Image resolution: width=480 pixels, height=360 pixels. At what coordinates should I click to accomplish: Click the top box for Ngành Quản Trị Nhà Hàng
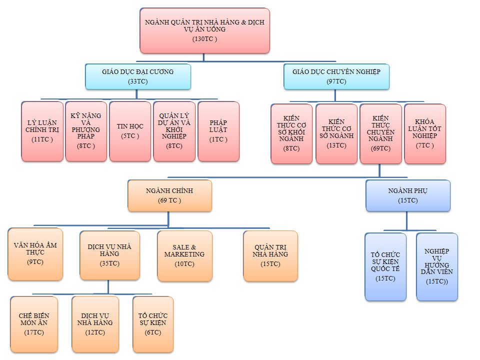204,30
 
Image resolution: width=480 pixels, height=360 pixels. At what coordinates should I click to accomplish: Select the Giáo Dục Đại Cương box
138,76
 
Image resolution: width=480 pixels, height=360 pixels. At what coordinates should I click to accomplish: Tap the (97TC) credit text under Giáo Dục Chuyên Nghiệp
336,81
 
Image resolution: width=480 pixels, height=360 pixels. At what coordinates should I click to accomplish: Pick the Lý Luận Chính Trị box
42,131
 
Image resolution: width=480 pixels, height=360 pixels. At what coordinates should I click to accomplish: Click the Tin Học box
130,131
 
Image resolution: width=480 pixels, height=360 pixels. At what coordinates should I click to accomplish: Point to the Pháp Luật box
218,131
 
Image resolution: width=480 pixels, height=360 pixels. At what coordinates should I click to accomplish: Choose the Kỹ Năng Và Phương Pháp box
86,131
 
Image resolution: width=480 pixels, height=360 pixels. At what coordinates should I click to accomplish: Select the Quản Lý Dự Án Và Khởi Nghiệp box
174,131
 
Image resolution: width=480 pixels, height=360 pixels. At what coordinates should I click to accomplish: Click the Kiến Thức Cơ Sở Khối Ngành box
291,133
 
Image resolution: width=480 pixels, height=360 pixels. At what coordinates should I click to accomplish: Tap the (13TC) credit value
336,145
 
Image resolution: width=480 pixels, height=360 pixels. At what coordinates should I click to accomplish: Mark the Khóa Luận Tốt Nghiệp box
425,133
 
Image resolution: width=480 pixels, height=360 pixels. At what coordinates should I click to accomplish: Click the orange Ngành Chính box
169,195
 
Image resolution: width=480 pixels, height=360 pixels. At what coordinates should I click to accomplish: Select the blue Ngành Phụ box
407,195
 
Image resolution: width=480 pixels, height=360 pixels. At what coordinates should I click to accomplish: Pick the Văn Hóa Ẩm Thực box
35,254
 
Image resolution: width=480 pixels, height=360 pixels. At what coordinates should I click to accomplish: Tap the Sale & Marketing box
184,255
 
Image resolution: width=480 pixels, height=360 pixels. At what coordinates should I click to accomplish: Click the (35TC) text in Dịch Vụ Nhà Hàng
109,263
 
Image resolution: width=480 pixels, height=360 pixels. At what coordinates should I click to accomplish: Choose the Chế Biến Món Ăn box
34,324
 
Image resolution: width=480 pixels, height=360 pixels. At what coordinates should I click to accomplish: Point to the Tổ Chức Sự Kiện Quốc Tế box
385,266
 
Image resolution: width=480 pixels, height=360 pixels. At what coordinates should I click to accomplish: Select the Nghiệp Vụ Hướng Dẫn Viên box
436,266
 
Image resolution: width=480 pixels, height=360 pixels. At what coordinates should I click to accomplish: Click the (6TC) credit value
152,332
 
